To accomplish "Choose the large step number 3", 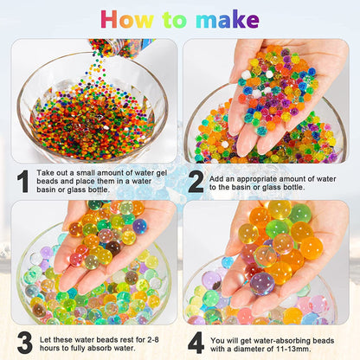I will point(23,343).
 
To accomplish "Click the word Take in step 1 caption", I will point(52,174).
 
